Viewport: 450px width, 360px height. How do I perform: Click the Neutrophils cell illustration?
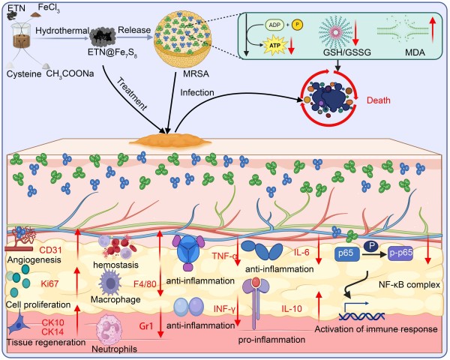pyautogui.click(x=117, y=330)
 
